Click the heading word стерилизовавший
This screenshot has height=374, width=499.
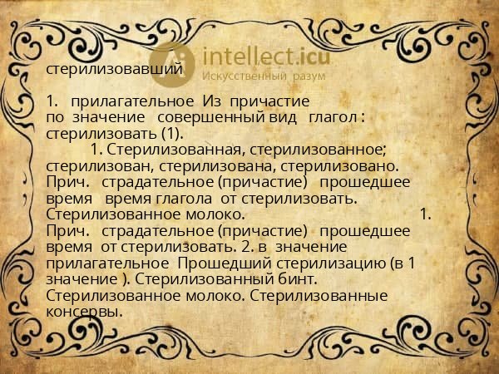tap(113, 69)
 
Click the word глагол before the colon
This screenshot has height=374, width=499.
tap(333, 118)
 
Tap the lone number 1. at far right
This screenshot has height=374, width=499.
tap(426, 214)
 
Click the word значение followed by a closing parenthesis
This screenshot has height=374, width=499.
tap(82, 279)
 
